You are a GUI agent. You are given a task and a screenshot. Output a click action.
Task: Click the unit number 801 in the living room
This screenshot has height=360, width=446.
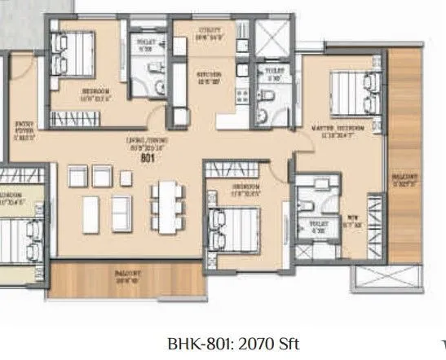point(148,160)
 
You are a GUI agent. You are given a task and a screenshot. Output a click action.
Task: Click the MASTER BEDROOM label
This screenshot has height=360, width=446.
point(340,128)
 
